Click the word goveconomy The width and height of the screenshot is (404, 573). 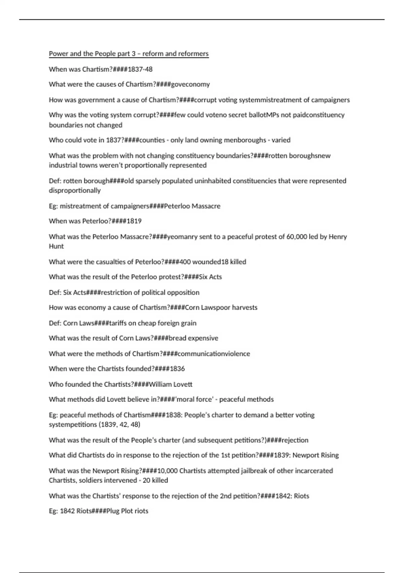[191, 85]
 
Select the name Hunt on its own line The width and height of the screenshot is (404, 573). [56, 246]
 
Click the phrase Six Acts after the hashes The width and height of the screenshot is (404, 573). [210, 277]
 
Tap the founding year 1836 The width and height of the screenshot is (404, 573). [177, 369]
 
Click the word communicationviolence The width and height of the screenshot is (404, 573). [214, 354]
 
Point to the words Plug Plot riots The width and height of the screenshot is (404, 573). [127, 511]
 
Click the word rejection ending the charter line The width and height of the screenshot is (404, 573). [295, 440]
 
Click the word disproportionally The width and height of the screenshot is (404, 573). [75, 191]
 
